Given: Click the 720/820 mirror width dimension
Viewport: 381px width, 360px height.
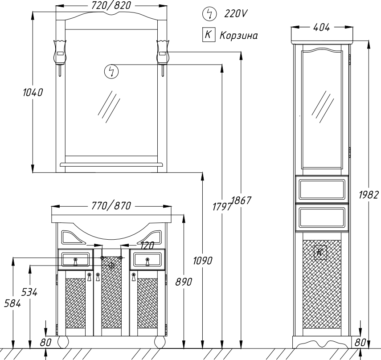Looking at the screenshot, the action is point(111,5).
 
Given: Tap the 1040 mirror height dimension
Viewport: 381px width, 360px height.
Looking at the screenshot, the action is point(33,93).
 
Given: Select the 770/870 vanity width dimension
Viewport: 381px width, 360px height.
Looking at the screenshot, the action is point(111,206).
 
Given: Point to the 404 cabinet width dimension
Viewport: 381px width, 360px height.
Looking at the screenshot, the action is point(321,28).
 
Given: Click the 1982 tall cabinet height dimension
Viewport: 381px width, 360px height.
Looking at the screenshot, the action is point(369,195).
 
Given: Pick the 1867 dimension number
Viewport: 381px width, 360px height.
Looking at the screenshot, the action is point(241,200).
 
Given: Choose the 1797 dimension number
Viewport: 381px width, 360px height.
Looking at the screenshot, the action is point(222,207).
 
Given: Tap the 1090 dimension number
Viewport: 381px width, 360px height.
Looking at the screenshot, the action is point(203,261).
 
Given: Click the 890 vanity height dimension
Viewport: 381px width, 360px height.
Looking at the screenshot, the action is point(184,282).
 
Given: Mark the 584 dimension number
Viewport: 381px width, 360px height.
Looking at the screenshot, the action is point(12,304).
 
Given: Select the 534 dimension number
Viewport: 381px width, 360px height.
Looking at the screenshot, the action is point(29,292).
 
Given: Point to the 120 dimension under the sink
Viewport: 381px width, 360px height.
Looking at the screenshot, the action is point(147,245).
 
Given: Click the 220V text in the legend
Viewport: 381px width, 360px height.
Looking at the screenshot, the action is point(235,14).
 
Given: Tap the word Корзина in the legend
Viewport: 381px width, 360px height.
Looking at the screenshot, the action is point(238,36).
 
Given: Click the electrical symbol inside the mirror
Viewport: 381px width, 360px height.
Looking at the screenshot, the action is point(111,72).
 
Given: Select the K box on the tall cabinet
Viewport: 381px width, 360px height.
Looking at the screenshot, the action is point(320,253).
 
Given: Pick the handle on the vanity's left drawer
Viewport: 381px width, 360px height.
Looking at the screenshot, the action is point(75,262).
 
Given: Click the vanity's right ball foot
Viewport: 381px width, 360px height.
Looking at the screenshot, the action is point(160,342).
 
